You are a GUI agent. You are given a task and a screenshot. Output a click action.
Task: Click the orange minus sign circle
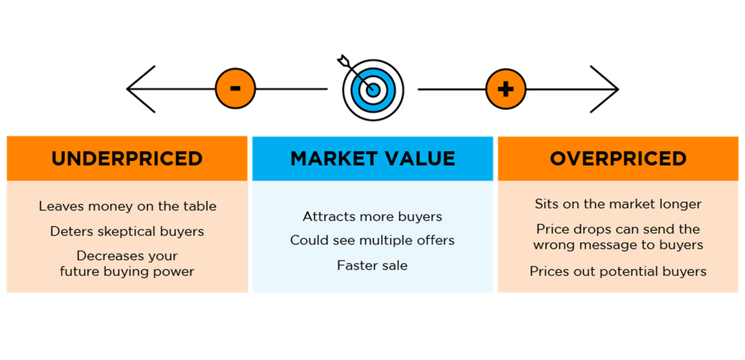[x=235, y=89]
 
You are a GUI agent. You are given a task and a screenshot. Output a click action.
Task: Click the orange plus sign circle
[x=506, y=89]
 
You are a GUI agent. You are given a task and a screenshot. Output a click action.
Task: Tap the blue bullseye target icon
[x=373, y=89]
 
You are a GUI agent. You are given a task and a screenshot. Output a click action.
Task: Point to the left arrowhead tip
[x=127, y=89]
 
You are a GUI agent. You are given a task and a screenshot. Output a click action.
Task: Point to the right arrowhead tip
[x=618, y=89]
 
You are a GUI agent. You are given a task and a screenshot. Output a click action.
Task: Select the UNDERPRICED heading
[x=127, y=159]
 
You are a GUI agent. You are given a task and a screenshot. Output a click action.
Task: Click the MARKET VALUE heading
[x=373, y=159]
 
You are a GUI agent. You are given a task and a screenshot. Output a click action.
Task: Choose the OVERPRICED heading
[x=618, y=159]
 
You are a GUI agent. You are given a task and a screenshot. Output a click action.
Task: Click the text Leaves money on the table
[x=127, y=207]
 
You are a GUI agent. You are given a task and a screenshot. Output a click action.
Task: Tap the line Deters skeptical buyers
[x=127, y=231]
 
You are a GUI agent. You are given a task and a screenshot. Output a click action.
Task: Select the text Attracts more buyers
[x=373, y=217]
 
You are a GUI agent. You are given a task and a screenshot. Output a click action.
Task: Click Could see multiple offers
[x=373, y=241]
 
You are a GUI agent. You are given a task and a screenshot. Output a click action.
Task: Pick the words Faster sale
[x=373, y=266]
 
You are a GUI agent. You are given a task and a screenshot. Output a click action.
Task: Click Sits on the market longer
[x=618, y=204]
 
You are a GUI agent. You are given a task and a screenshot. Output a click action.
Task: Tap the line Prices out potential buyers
[x=618, y=271]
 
